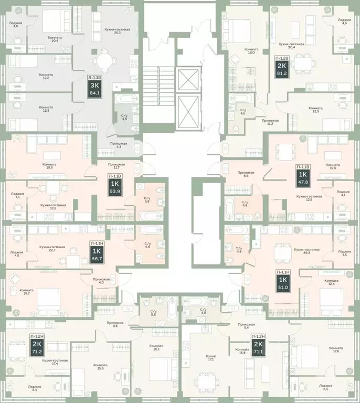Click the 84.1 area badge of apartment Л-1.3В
tap(96, 94)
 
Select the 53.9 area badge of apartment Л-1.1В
tap(114, 192)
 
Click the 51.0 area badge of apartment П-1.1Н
tap(282, 287)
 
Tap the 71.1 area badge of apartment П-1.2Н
tap(258, 352)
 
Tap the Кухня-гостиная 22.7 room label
tap(52, 249)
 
